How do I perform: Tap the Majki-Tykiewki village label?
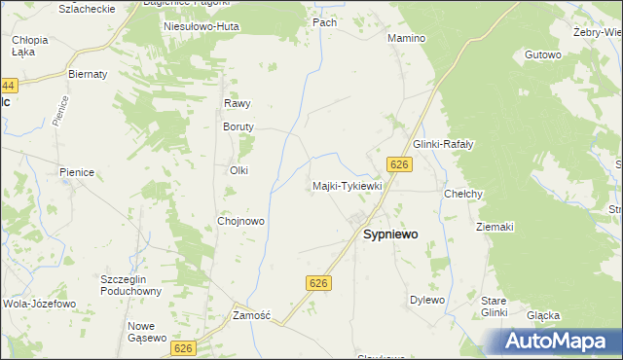[348, 185]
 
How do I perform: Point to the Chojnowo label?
[241, 221]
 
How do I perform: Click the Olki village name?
[238, 170]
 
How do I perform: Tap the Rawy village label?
[238, 103]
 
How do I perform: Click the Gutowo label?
[543, 54]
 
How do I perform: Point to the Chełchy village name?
[463, 194]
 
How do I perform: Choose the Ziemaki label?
[495, 227]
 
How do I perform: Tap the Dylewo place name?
[427, 300]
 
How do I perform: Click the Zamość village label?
[251, 315]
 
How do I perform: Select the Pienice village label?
[77, 172]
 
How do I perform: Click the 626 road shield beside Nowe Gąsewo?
[183, 346]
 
